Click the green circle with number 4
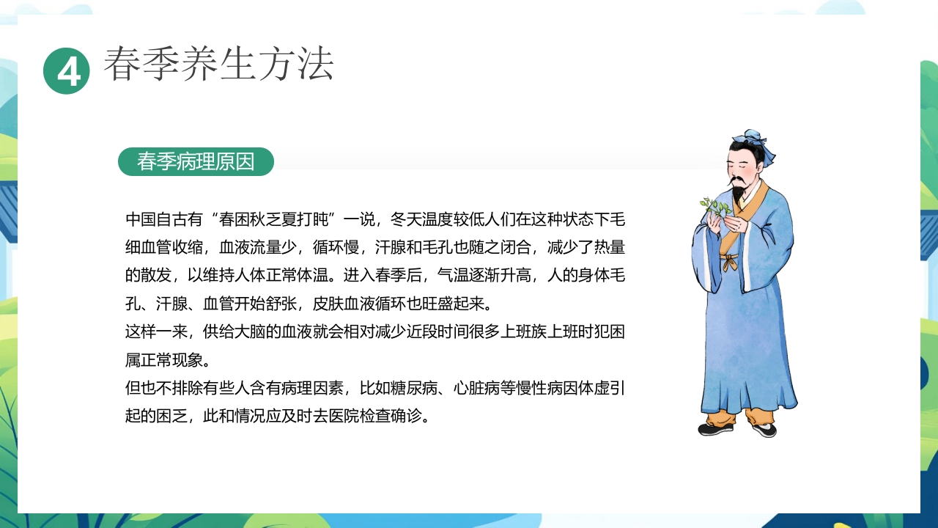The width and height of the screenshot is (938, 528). pyautogui.click(x=67, y=71)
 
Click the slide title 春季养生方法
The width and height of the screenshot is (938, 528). pyautogui.click(x=218, y=64)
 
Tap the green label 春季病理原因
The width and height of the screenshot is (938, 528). pyautogui.click(x=196, y=161)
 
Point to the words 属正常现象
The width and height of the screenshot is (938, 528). pyautogui.click(x=167, y=360)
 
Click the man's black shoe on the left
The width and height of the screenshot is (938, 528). pyautogui.click(x=714, y=429)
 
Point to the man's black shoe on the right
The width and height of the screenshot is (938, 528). pyautogui.click(x=764, y=430)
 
